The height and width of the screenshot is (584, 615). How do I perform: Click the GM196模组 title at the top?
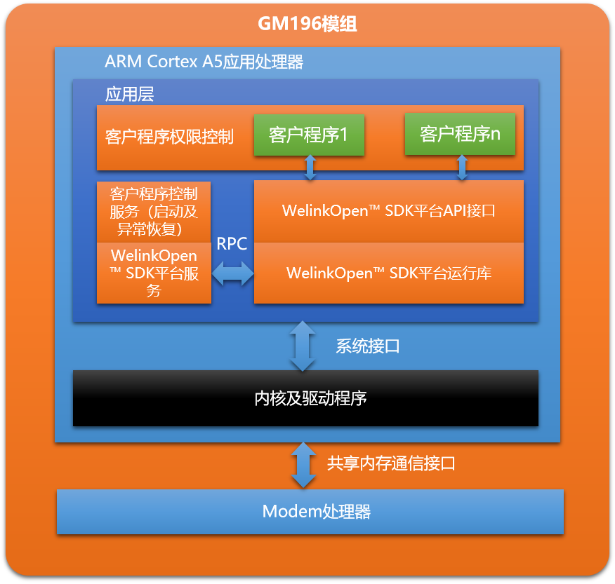(x=307, y=25)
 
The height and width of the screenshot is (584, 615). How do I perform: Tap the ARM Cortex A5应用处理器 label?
(x=204, y=62)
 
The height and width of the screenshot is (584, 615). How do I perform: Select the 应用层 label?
(x=129, y=94)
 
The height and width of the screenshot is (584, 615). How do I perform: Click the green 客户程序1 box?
(x=309, y=135)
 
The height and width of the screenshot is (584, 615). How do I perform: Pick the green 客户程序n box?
(x=460, y=135)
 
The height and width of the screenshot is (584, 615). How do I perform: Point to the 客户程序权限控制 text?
(x=169, y=137)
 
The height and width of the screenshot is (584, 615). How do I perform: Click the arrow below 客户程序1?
(x=310, y=168)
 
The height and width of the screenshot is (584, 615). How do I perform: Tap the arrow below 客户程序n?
(x=462, y=168)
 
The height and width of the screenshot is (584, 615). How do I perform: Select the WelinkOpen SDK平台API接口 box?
(x=388, y=211)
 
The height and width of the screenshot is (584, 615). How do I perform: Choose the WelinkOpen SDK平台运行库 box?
(x=388, y=273)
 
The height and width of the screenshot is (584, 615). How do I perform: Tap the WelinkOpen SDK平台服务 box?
(x=154, y=273)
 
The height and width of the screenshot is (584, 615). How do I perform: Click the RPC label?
(x=232, y=244)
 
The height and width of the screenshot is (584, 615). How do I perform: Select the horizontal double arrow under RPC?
(x=232, y=273)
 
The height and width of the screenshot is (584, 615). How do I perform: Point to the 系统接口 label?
(x=367, y=346)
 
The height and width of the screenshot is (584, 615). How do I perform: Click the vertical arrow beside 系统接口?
(x=303, y=346)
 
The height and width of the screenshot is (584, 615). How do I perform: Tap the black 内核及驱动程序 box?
(x=305, y=398)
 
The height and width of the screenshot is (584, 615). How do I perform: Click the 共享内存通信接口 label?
(x=391, y=463)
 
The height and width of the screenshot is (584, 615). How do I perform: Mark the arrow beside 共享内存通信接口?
(x=303, y=465)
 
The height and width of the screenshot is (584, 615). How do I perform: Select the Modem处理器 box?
(x=310, y=512)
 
